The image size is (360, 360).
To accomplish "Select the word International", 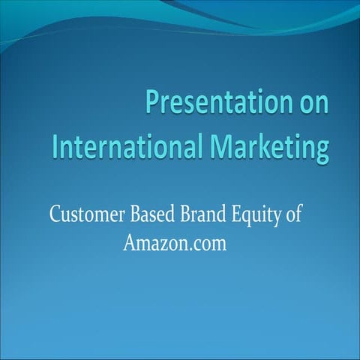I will point(129,145).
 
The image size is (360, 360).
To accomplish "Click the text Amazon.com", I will point(173,244).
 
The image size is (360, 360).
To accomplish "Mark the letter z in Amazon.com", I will point(160,244).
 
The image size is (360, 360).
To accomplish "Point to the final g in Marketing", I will point(322,148).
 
